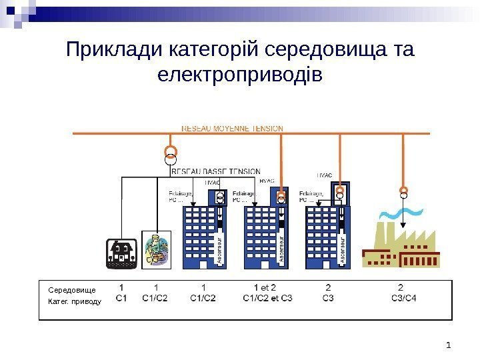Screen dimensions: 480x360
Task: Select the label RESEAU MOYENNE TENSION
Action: click(232, 127)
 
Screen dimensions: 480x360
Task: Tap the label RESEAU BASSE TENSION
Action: click(216, 171)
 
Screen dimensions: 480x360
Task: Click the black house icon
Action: click(121, 252)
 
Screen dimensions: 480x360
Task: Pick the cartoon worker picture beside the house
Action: click(157, 249)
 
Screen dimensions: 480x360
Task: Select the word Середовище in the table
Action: click(72, 290)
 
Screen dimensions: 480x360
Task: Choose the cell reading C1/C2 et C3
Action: click(267, 298)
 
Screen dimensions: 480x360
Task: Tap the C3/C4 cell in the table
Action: click(403, 298)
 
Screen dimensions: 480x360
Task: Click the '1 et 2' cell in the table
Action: click(265, 288)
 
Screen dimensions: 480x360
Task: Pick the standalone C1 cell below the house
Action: click(122, 298)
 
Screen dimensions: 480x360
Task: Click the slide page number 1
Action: click(449, 345)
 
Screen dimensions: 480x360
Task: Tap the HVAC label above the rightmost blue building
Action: click(323, 175)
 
